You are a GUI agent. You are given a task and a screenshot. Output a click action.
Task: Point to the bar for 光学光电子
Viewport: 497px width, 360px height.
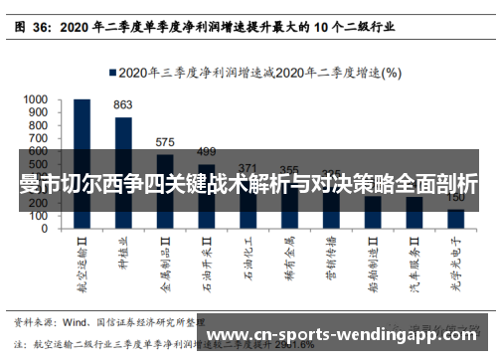(x=455, y=218)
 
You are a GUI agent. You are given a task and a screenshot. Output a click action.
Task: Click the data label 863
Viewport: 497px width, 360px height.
(x=123, y=104)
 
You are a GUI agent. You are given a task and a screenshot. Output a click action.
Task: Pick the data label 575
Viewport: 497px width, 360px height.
(x=165, y=141)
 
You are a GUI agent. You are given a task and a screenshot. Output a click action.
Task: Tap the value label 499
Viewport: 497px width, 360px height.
(x=206, y=151)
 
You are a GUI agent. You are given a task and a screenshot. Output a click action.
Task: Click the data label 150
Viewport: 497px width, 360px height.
(x=455, y=198)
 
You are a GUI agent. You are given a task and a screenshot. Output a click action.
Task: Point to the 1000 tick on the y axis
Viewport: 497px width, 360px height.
(x=35, y=99)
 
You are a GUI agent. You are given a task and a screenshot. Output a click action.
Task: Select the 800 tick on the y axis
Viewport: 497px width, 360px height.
(x=38, y=125)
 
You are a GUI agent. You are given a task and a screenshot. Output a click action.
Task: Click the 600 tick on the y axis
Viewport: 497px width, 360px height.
(x=38, y=151)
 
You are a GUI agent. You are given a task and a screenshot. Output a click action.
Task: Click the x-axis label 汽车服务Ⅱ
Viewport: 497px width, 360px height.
(x=414, y=265)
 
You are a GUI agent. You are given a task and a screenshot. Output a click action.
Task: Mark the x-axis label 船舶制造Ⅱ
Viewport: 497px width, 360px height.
(x=372, y=265)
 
